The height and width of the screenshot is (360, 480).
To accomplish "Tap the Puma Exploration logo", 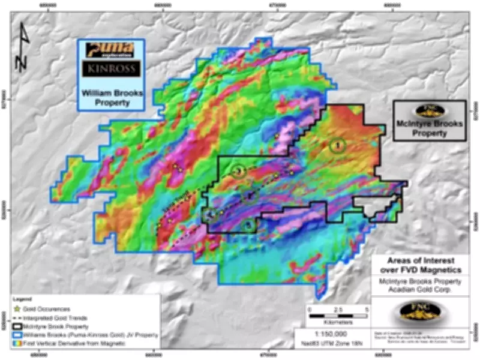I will pos(111,49).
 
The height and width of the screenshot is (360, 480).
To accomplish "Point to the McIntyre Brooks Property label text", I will pos(430,130).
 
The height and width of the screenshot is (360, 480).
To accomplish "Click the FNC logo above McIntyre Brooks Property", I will pos(430,112).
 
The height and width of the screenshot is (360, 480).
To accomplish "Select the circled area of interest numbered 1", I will pos(338,145).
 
